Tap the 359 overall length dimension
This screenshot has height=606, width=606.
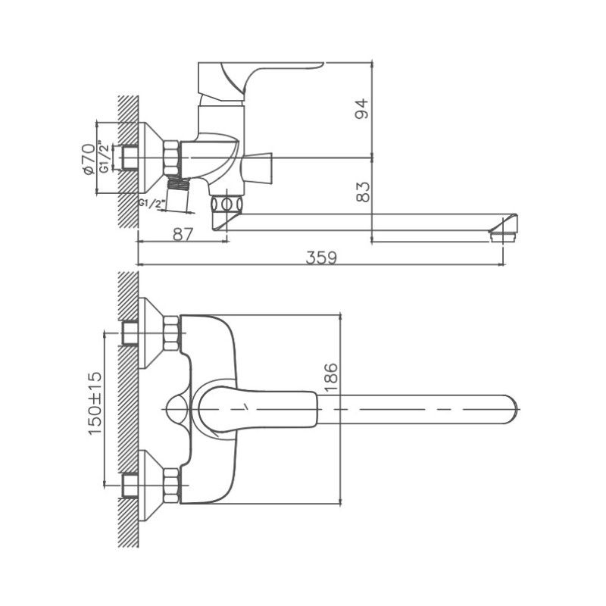[321, 257]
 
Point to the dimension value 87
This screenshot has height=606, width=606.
[181, 234]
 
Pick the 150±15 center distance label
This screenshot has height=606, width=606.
[95, 404]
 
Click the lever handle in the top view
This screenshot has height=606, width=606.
[258, 410]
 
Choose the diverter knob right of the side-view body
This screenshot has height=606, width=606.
[260, 168]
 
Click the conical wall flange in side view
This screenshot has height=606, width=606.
[150, 158]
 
